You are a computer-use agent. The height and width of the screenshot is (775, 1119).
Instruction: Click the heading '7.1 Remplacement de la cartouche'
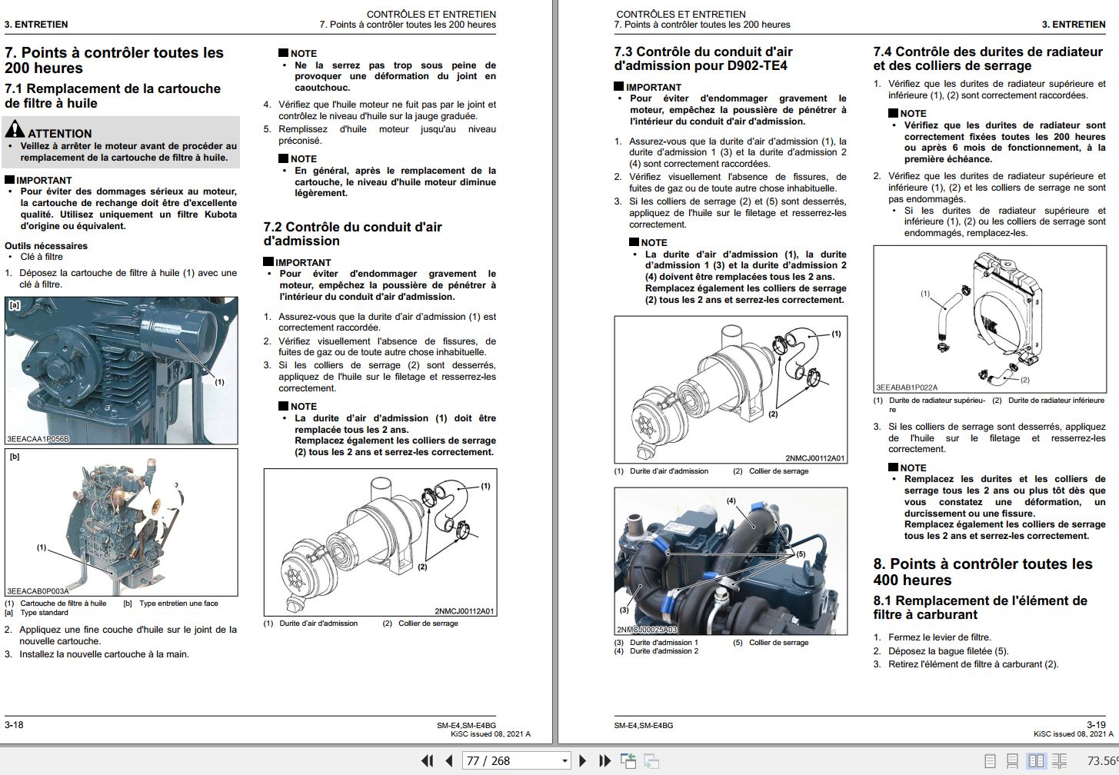point(112,89)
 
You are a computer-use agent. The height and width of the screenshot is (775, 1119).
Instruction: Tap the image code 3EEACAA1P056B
point(38,439)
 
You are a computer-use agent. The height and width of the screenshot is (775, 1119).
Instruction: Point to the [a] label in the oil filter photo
point(13,305)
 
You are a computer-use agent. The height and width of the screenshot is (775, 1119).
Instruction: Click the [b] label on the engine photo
point(14,457)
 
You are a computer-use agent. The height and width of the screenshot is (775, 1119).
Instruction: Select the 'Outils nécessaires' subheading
point(46,246)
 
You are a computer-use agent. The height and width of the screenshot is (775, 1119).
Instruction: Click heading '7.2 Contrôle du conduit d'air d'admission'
point(352,234)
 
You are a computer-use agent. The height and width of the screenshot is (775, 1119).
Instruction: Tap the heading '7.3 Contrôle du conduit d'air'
point(703,58)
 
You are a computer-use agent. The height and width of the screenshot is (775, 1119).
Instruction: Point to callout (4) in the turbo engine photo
point(731,501)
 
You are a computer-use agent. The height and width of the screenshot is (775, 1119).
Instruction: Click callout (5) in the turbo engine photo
point(801,554)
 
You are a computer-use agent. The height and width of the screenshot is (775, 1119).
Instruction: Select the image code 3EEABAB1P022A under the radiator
point(907,387)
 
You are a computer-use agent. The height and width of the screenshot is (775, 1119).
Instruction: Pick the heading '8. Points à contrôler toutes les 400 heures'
point(982,572)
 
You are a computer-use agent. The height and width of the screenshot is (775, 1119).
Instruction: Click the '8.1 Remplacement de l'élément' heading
point(980,607)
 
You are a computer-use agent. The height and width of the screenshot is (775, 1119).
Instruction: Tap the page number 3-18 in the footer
point(14,724)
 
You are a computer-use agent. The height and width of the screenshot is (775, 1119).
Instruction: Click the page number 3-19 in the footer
point(1095,724)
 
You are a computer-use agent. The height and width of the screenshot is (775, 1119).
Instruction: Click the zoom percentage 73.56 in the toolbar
point(1101,760)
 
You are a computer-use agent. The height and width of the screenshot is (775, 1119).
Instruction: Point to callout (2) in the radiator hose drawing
point(1024,380)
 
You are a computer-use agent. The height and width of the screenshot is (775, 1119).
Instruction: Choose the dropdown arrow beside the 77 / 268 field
point(564,761)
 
